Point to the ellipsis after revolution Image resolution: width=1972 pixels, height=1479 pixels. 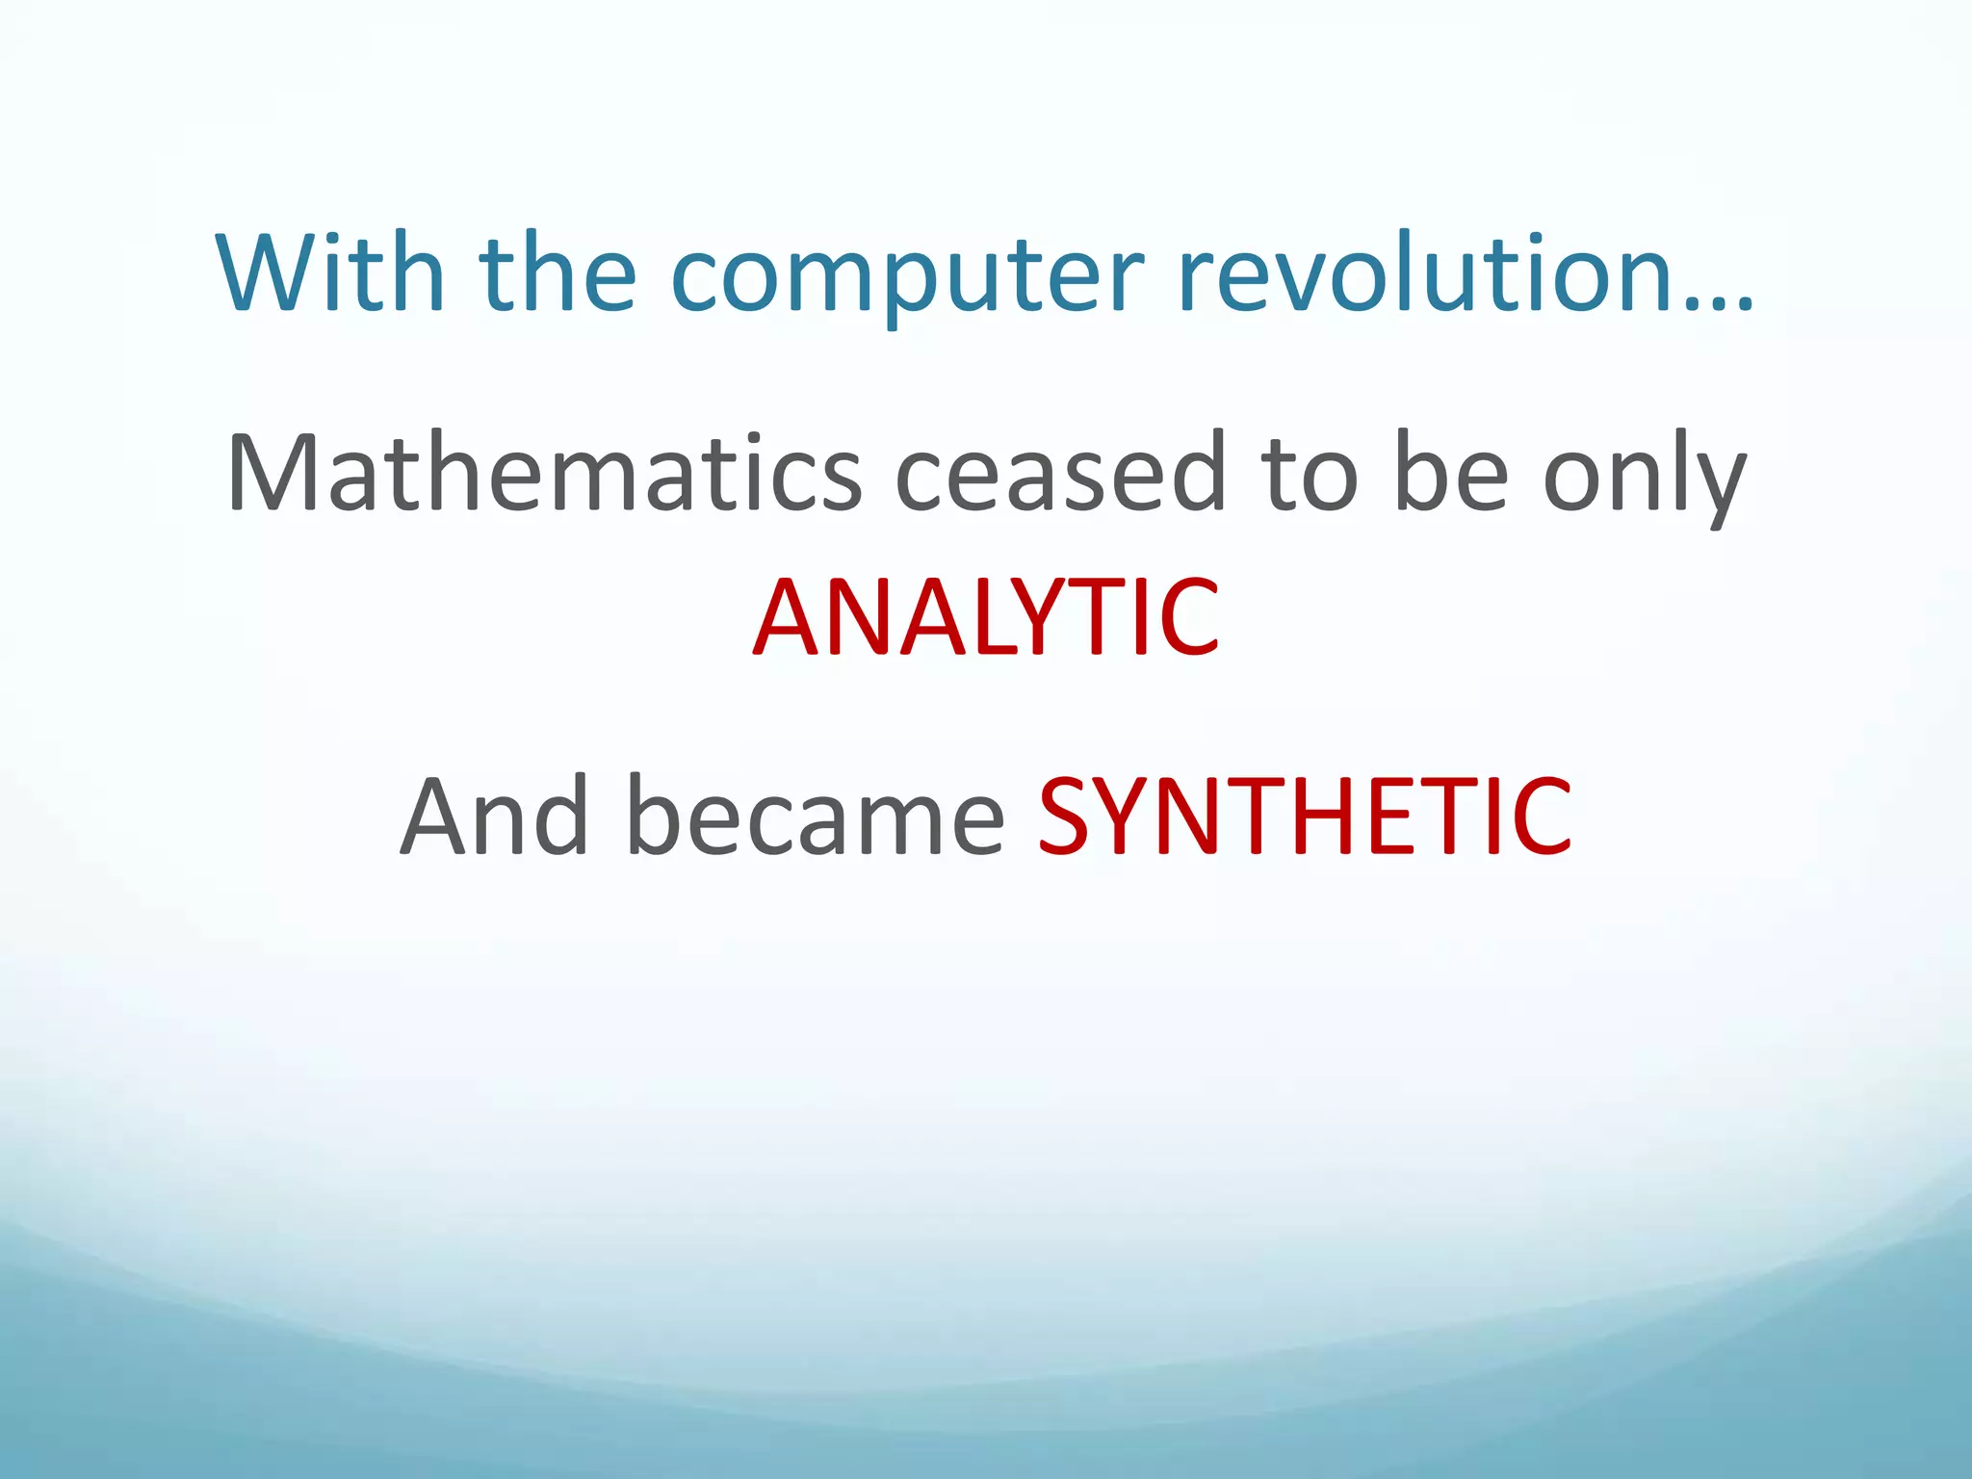[x=1720, y=304]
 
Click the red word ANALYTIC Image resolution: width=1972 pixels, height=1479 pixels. [x=986, y=617]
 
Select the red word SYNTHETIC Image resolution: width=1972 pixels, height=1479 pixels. [x=1305, y=817]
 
